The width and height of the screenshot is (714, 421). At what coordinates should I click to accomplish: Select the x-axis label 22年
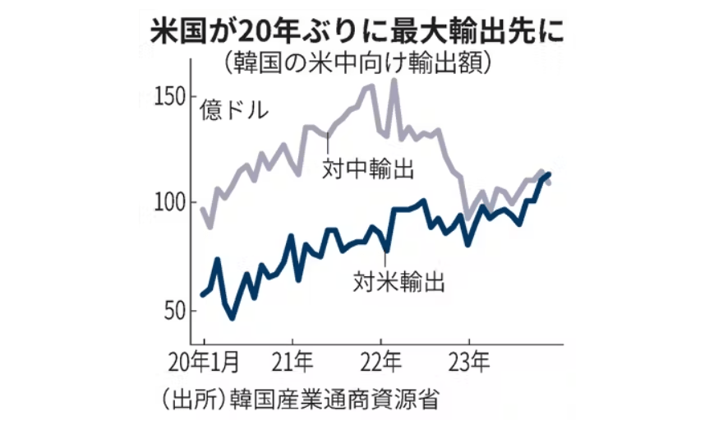click(380, 363)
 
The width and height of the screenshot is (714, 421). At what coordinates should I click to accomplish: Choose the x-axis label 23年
click(469, 363)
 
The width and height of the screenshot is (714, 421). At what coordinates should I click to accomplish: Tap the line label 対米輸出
click(400, 282)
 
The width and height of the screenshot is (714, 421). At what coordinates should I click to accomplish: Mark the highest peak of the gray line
click(394, 80)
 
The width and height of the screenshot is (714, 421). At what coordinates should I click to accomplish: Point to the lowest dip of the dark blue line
click(233, 317)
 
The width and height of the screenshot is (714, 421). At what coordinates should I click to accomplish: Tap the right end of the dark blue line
click(549, 174)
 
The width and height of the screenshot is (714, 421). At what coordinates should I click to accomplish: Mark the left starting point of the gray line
click(203, 209)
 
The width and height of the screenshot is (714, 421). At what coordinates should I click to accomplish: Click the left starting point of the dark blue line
click(203, 294)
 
